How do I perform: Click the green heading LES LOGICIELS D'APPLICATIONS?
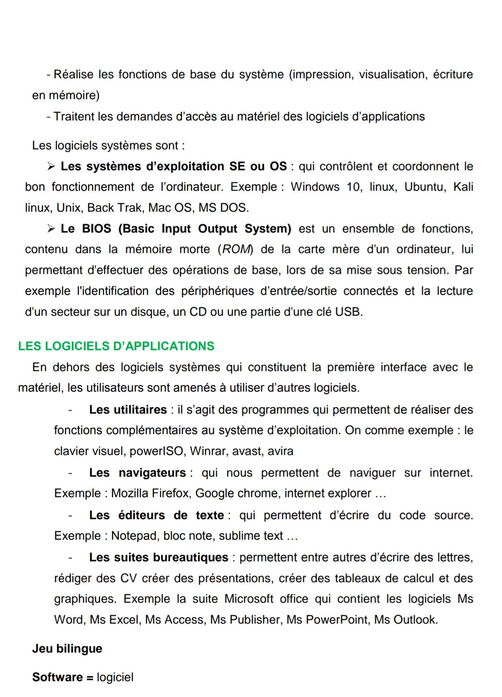tap(116, 346)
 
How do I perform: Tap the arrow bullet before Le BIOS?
tap(51, 229)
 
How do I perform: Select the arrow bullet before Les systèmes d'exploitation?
tap(51, 167)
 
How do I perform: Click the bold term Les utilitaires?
tap(128, 409)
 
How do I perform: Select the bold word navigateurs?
tap(152, 473)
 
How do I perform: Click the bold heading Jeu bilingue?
tap(67, 649)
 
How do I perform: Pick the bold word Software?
tap(57, 677)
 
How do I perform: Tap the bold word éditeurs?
tap(142, 515)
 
